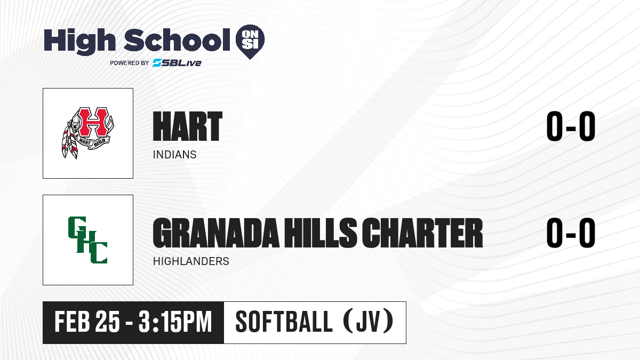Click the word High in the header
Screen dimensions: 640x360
(79, 41)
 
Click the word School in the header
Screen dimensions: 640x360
(177, 40)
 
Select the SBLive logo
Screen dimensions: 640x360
(177, 63)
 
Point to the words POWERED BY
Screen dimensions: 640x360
(130, 63)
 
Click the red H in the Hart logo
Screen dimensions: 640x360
(93, 122)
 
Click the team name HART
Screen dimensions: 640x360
(187, 126)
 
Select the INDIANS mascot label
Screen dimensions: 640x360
(174, 155)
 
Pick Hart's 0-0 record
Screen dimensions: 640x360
(571, 126)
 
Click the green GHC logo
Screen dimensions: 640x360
(87, 240)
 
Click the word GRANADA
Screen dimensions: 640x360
(216, 233)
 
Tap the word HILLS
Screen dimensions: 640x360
(321, 233)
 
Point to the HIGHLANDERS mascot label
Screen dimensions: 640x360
(191, 261)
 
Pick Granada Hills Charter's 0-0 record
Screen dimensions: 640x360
(571, 233)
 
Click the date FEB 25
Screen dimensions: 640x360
(87, 322)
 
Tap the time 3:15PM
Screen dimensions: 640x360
(175, 322)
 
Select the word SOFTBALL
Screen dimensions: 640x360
(284, 322)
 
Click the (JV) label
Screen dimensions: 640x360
(369, 322)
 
